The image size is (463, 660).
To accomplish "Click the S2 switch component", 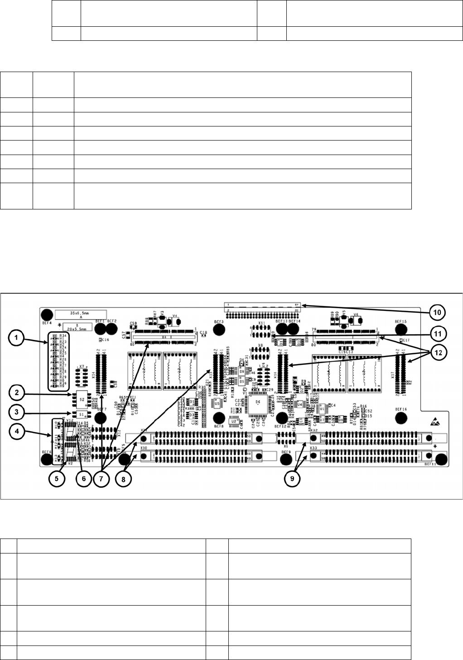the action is pyautogui.click(x=82, y=398).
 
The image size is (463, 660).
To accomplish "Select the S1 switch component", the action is pyautogui.click(x=82, y=414).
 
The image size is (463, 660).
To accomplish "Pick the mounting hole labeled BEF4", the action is pyautogui.click(x=46, y=315).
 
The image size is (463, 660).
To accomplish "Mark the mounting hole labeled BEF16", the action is pyautogui.click(x=400, y=417).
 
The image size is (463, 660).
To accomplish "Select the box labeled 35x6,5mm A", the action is pyautogui.click(x=81, y=314).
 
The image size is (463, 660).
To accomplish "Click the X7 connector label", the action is pyautogui.click(x=82, y=366).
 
